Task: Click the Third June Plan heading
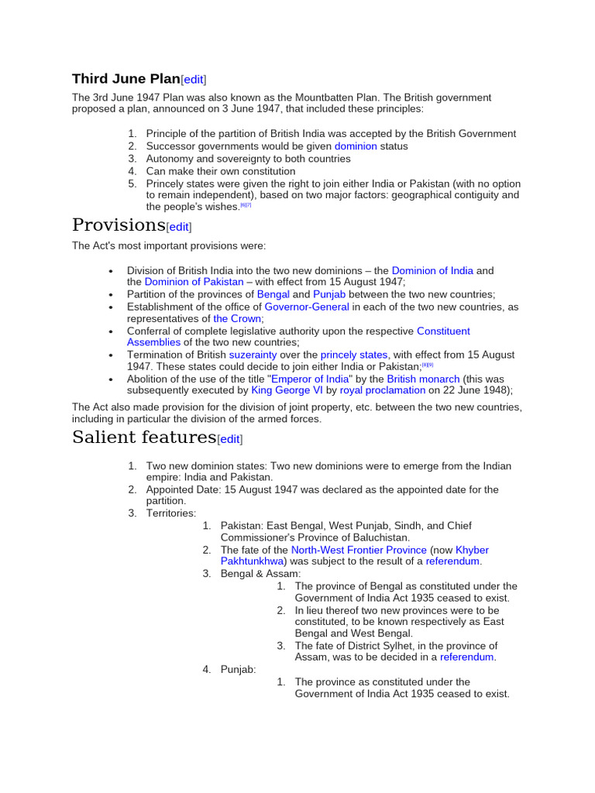(126, 79)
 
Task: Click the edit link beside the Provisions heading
(179, 227)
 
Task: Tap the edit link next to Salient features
(229, 439)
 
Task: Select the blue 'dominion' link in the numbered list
(356, 146)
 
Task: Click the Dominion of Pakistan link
(194, 282)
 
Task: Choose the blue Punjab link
(329, 294)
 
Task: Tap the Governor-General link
(306, 307)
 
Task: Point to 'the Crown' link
(237, 318)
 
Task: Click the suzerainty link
(253, 355)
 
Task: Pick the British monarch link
(423, 379)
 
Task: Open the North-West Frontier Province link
(359, 550)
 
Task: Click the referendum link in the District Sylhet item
(466, 657)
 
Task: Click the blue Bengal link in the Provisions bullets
(273, 294)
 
